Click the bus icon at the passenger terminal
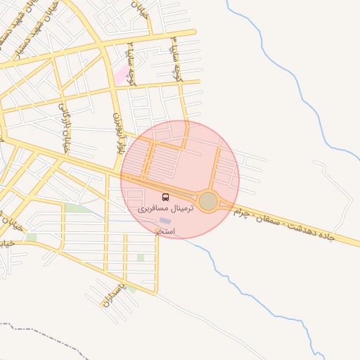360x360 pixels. pos(166,198)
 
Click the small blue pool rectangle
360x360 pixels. pos(165,221)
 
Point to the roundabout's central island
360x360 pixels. pos(208,202)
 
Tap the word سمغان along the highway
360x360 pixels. pos(271,221)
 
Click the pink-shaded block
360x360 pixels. pos(122,75)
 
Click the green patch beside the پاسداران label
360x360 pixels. pos(131,288)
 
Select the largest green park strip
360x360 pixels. pos(77,209)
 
